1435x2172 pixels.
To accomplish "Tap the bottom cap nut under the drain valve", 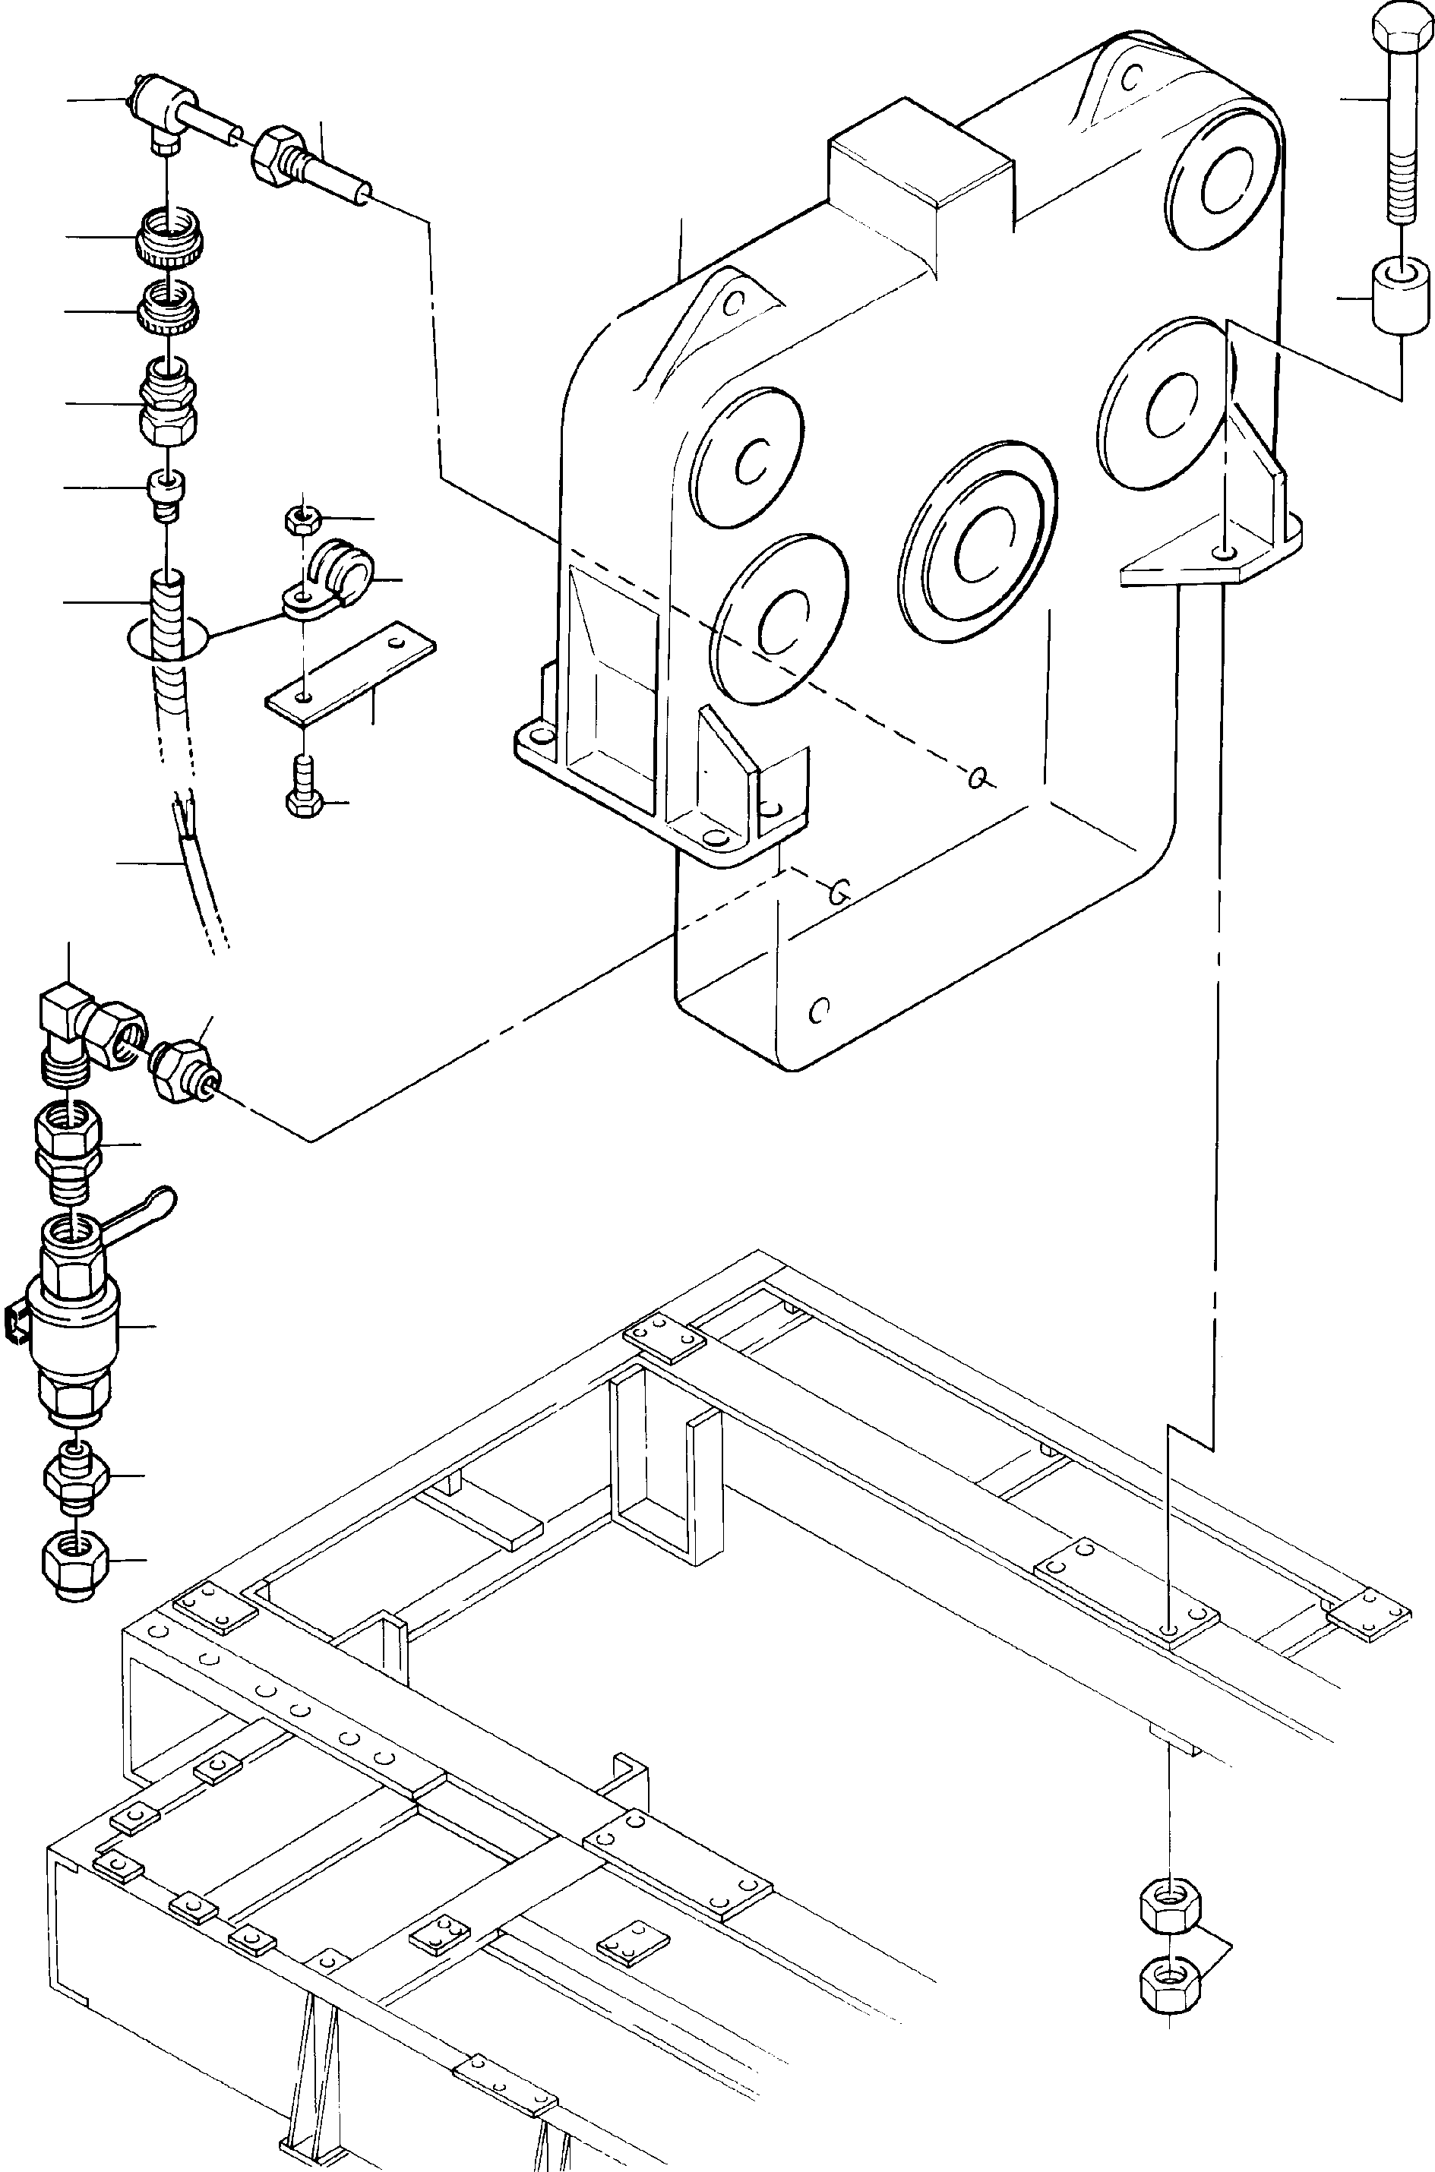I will [x=76, y=1565].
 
